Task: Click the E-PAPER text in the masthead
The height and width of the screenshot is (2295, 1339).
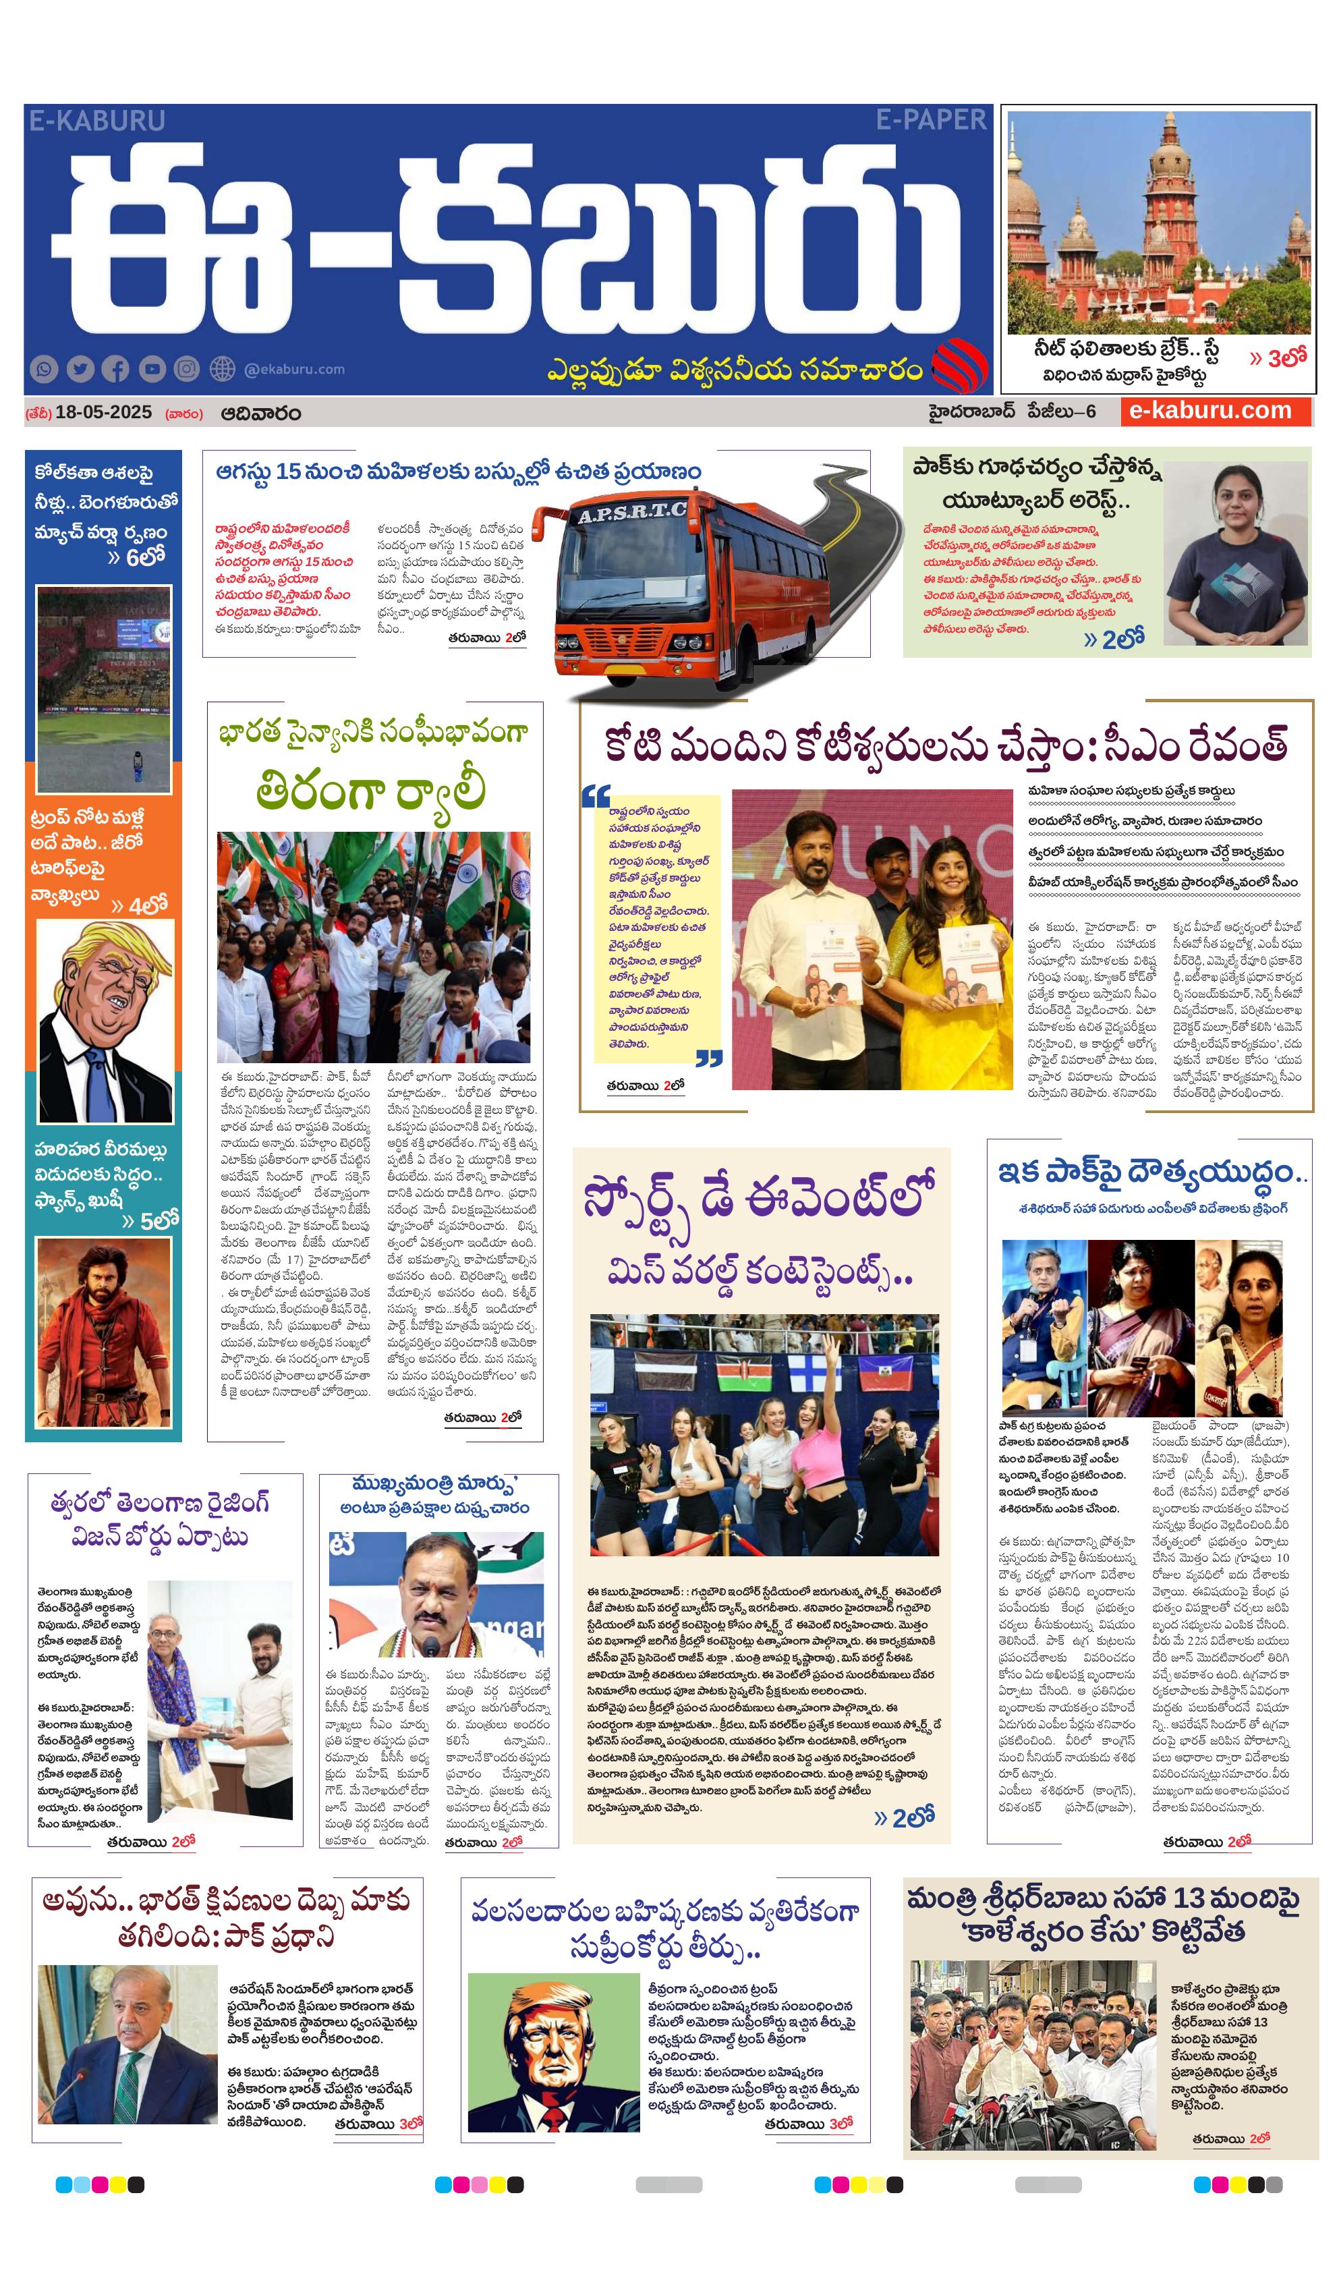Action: [931, 119]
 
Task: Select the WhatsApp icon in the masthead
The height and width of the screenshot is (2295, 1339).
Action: [44, 369]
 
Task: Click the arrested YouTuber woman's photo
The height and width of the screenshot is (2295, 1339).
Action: [1236, 552]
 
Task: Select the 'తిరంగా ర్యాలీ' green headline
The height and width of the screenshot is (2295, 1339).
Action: [371, 791]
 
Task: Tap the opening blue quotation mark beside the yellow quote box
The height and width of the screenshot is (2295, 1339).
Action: [596, 797]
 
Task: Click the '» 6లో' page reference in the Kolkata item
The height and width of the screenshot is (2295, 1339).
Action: [137, 557]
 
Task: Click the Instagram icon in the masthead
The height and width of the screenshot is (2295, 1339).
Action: [187, 369]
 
